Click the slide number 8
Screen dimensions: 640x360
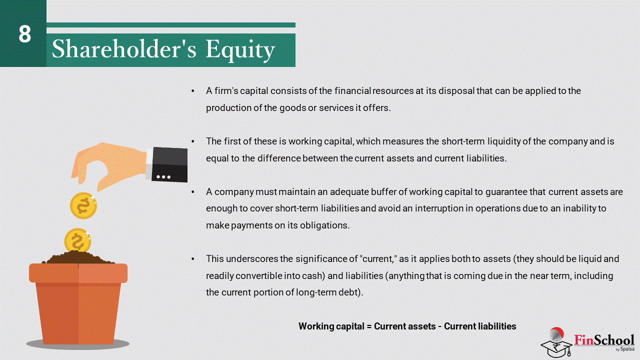tap(24, 34)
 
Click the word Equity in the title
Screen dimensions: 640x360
tap(240, 50)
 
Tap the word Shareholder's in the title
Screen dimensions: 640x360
tap(124, 49)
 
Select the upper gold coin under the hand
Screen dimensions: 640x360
tap(83, 205)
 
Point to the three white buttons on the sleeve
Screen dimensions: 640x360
tap(163, 177)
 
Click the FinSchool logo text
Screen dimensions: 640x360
tap(604, 340)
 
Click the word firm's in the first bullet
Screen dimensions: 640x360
tap(226, 91)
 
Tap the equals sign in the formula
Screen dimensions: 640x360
tap(369, 326)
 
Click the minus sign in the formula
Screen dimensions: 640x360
tap(439, 326)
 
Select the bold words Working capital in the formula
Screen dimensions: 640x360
tap(331, 326)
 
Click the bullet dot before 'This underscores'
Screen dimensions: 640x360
tap(193, 259)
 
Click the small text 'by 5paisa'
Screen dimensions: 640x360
tap(625, 349)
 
